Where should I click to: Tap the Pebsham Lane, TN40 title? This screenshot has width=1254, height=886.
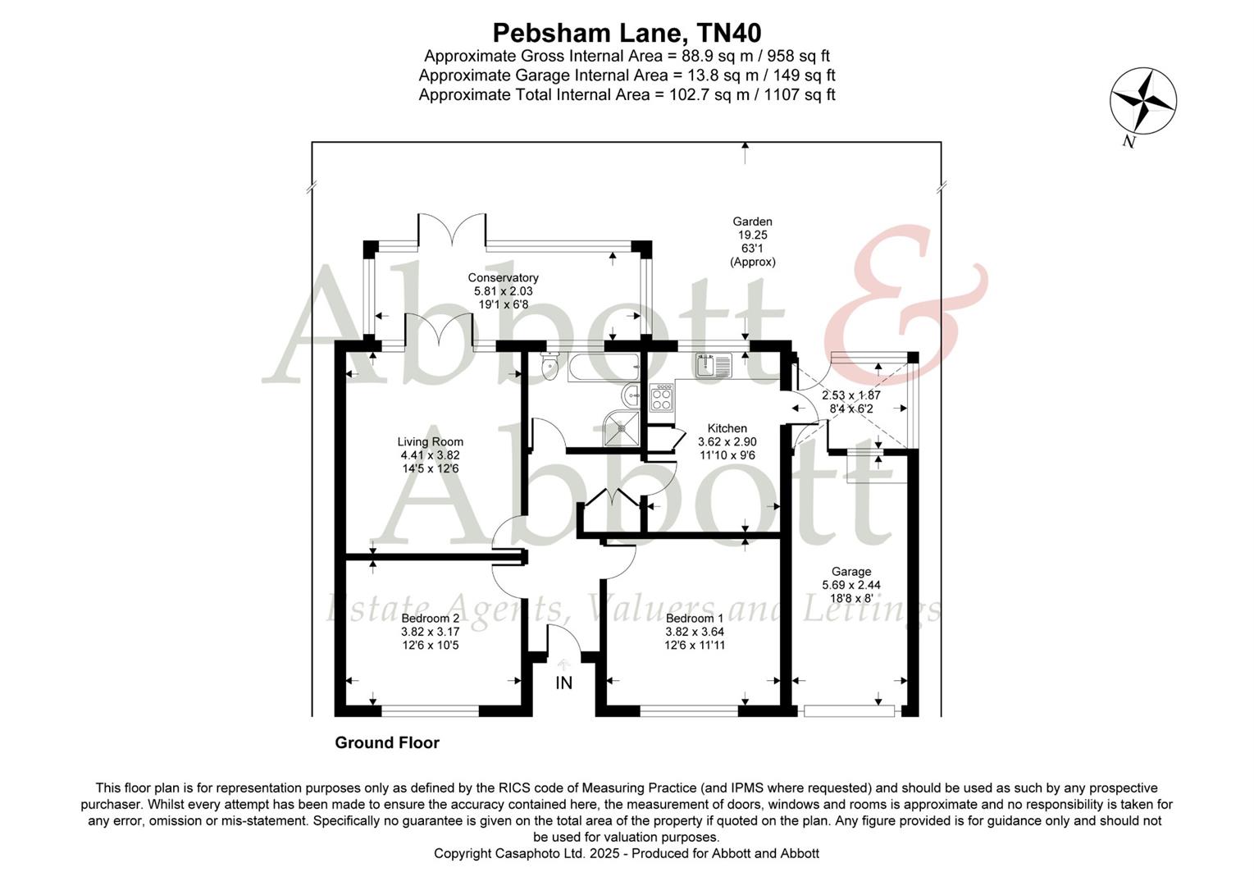pyautogui.click(x=627, y=33)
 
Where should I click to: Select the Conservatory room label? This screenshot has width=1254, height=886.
pyautogui.click(x=503, y=277)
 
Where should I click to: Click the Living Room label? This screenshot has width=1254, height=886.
pyautogui.click(x=431, y=441)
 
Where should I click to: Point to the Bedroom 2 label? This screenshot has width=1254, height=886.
pyautogui.click(x=431, y=619)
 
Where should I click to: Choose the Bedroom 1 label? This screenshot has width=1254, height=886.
pyautogui.click(x=695, y=619)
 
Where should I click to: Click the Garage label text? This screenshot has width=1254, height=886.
pyautogui.click(x=851, y=572)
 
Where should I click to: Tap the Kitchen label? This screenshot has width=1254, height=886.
pyautogui.click(x=727, y=428)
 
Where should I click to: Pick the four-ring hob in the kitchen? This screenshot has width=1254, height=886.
pyautogui.click(x=661, y=398)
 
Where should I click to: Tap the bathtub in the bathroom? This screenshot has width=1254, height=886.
pyautogui.click(x=602, y=367)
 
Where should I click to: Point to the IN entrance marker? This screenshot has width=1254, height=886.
pyautogui.click(x=564, y=683)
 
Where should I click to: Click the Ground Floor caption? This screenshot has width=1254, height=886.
pyautogui.click(x=387, y=743)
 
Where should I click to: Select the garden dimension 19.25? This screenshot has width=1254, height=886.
pyautogui.click(x=752, y=235)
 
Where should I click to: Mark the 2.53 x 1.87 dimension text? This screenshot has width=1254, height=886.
pyautogui.click(x=851, y=395)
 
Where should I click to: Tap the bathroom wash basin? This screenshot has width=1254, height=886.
pyautogui.click(x=632, y=395)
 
